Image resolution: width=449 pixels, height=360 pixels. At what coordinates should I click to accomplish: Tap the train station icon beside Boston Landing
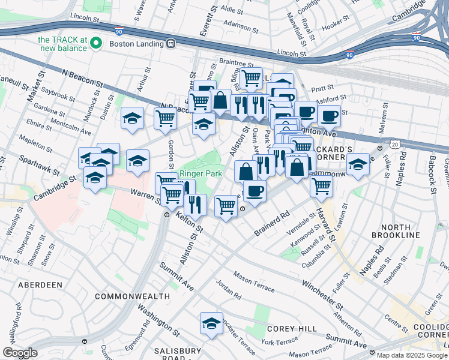(x=171, y=43)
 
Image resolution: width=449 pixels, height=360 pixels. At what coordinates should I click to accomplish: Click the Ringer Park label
(x=201, y=174)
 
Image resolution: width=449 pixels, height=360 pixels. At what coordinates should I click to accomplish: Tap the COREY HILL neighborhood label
(x=288, y=329)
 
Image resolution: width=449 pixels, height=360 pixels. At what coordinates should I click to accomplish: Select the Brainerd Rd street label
(x=276, y=221)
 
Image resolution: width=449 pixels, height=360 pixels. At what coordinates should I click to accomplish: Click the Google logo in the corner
(x=20, y=353)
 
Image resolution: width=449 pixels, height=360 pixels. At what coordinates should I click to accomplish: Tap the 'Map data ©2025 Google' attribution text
(x=408, y=355)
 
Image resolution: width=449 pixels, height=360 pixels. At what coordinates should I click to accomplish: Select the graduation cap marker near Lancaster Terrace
(x=211, y=324)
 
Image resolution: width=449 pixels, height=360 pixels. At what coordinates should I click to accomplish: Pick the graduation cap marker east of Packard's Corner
(x=358, y=165)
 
